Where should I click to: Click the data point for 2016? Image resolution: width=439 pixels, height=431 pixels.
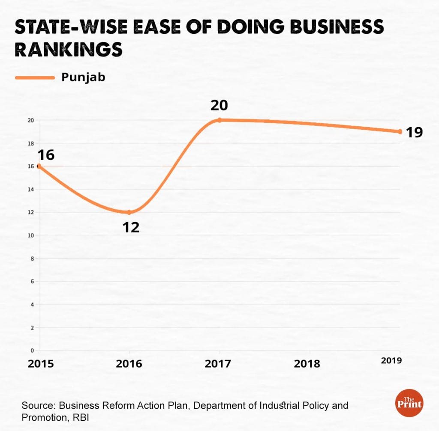(129, 212)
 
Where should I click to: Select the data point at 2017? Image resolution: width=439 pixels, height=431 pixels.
(219, 120)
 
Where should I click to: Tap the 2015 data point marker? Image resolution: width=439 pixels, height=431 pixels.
(39, 166)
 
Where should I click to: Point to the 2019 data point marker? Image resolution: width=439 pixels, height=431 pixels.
(400, 132)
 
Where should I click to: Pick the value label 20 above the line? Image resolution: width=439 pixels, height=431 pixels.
(219, 105)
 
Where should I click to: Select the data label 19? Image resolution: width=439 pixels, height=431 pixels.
(414, 132)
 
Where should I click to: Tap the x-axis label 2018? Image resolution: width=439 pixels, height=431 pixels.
(307, 364)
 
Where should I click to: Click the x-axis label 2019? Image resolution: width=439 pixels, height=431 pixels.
(391, 361)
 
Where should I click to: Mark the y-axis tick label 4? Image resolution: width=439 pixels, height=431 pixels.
(32, 305)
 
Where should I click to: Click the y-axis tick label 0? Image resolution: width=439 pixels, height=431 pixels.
(32, 351)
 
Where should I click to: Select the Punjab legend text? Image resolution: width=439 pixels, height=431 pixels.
(83, 77)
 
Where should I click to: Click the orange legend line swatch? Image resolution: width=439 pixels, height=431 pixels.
(35, 78)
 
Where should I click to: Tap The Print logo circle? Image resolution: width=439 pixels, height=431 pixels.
(409, 403)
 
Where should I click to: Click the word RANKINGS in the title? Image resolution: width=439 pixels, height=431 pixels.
(69, 50)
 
